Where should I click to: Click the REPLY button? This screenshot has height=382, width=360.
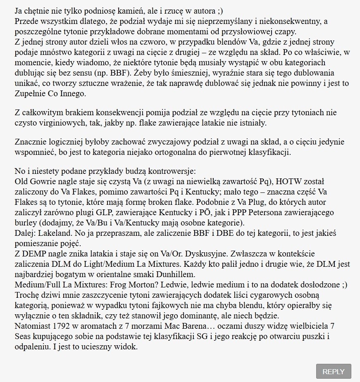click(x=333, y=371)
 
